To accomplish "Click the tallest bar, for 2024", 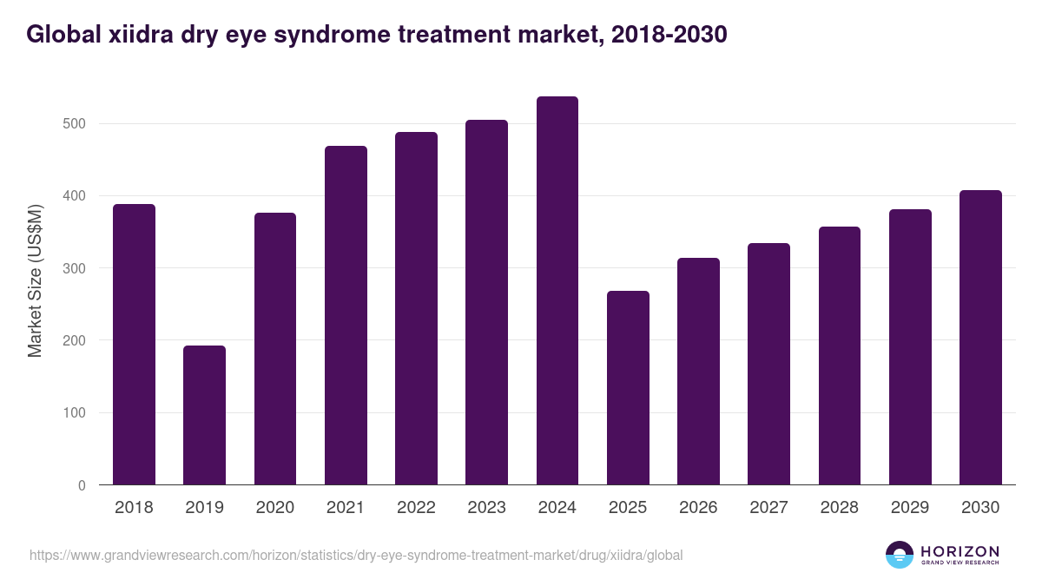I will (x=557, y=291).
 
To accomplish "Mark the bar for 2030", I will (x=980, y=338).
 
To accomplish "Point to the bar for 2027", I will (x=768, y=364).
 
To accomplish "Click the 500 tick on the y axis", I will (x=76, y=124).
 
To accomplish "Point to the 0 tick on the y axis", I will (x=82, y=485).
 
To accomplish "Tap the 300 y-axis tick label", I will (x=76, y=268).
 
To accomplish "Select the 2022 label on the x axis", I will (x=416, y=508).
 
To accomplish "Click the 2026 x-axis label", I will (x=698, y=508).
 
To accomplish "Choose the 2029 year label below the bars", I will (x=910, y=508).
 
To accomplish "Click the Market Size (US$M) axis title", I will (x=36, y=280).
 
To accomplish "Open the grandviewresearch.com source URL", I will (x=356, y=555).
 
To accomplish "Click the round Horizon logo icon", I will (x=900, y=555).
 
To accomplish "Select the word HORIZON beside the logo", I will (x=960, y=550).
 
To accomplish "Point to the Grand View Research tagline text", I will (x=960, y=563).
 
